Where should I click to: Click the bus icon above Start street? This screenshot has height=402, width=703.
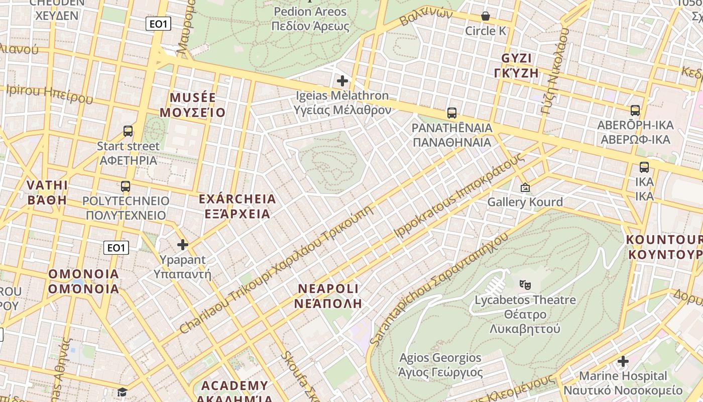128,131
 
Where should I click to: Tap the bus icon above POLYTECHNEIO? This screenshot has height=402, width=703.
126,186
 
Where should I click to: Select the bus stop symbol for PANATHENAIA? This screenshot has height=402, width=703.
452,113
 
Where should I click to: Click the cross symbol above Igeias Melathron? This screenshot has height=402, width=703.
342,80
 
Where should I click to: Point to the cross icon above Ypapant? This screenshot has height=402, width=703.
183,245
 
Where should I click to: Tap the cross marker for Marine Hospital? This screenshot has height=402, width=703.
623,361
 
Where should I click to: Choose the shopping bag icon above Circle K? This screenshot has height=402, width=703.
486,16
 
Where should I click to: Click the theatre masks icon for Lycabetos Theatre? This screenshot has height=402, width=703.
525,285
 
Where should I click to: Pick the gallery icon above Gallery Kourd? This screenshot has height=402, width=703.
525,187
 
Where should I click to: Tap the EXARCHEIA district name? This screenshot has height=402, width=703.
238,206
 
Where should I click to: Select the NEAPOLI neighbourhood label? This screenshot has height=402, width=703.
328,295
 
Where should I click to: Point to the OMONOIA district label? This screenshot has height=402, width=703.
84,281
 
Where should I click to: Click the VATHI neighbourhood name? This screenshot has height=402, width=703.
47,192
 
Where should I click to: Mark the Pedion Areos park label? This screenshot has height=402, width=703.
310,19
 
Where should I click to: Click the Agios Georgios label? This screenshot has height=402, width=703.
440,365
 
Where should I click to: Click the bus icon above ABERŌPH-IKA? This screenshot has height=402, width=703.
635,111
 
